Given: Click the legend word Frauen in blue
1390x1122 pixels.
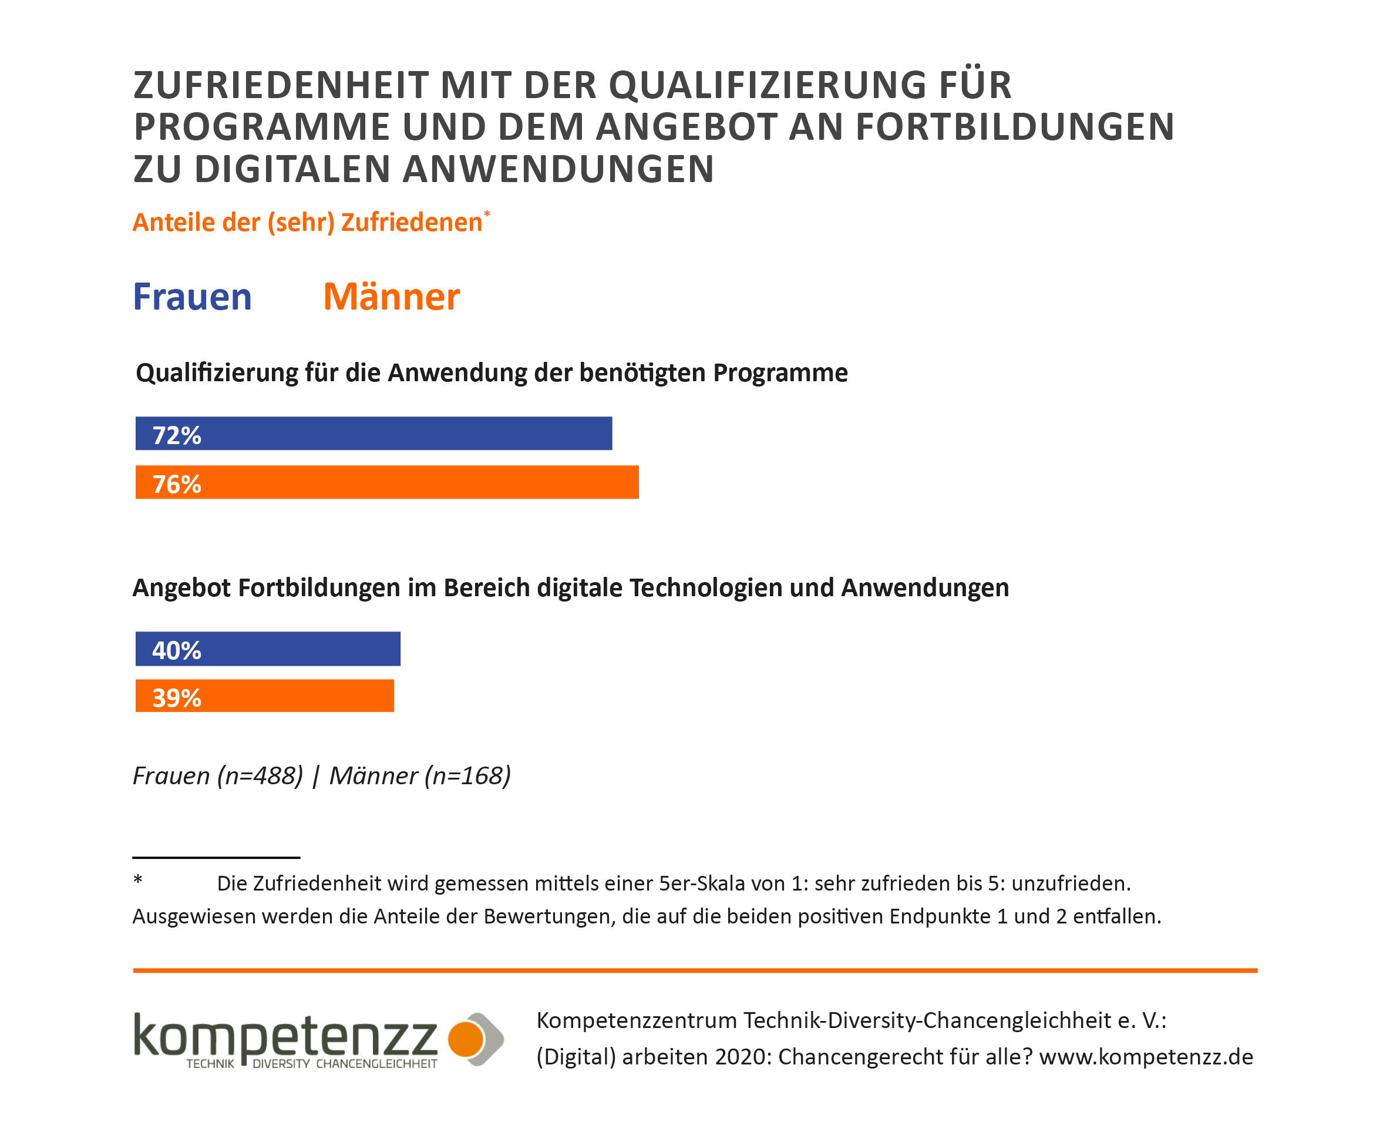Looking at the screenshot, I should tap(192, 297).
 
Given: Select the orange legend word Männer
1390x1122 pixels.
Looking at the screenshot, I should tap(391, 297).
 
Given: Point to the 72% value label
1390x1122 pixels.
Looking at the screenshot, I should tap(176, 436).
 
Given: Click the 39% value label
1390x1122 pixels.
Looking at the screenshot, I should tap(176, 698).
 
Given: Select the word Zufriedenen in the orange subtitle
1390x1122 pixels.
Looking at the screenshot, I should tap(412, 222).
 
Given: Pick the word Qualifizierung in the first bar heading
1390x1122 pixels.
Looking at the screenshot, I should tap(217, 374).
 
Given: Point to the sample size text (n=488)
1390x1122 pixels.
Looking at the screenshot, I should tap(260, 775).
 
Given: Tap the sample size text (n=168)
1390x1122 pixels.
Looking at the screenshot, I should tap(468, 775).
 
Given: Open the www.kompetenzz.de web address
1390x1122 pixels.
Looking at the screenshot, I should tap(1146, 1057).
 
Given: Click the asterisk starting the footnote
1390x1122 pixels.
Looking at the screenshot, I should tap(137, 879).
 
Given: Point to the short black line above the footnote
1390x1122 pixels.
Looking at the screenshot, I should tap(216, 858).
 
